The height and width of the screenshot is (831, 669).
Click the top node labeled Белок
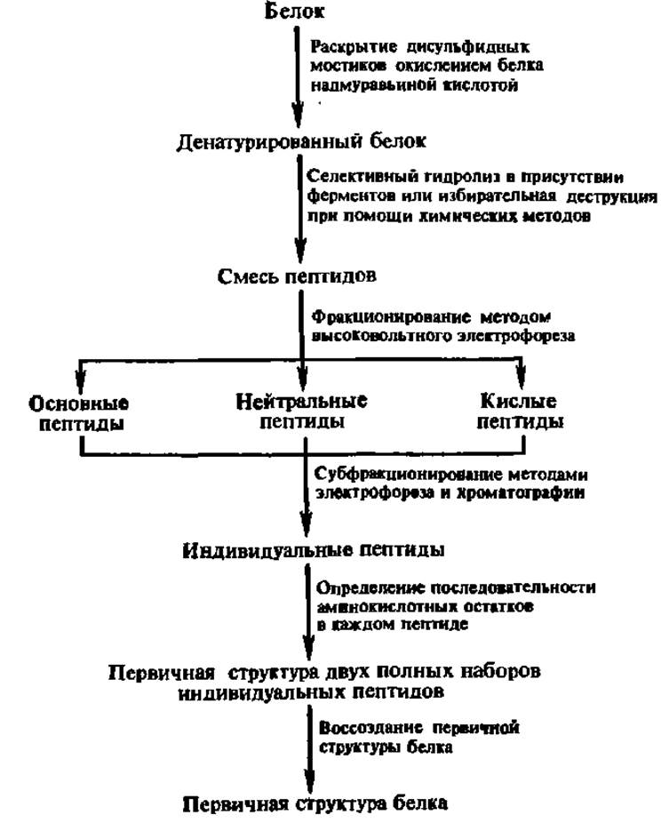pos(294,10)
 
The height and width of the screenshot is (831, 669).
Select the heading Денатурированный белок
pos(301,141)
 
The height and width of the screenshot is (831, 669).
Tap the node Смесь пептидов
pos(297,276)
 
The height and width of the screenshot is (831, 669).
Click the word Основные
pos(78,404)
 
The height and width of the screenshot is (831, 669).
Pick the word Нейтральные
pos(301,401)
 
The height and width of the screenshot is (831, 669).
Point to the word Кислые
pos(518,401)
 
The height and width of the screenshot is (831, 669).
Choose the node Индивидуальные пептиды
pos(313,551)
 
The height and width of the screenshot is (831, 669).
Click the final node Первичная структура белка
pos(315,804)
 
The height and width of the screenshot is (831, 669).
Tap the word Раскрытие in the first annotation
pos(354,47)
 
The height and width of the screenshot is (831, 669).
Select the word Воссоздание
pos(370,728)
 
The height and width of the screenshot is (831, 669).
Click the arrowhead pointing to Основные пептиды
pos(81,380)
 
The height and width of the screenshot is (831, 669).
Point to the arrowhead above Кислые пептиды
pos(522,380)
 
